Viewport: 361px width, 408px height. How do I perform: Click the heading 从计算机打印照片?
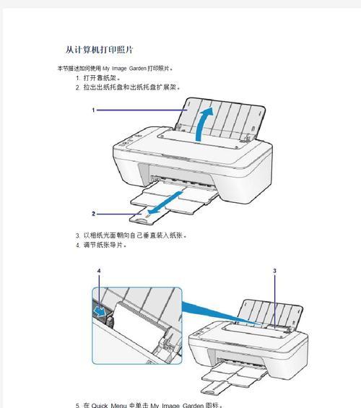coord(99,50)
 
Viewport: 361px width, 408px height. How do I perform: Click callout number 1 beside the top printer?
coord(94,110)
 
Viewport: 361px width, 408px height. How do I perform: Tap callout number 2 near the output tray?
coord(94,214)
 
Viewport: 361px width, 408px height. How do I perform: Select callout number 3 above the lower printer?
coord(275,270)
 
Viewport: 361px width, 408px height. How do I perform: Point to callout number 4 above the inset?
coord(100,270)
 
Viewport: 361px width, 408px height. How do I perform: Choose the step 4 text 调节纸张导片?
coord(105,246)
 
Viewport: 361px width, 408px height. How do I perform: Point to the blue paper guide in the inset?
coord(99,310)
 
